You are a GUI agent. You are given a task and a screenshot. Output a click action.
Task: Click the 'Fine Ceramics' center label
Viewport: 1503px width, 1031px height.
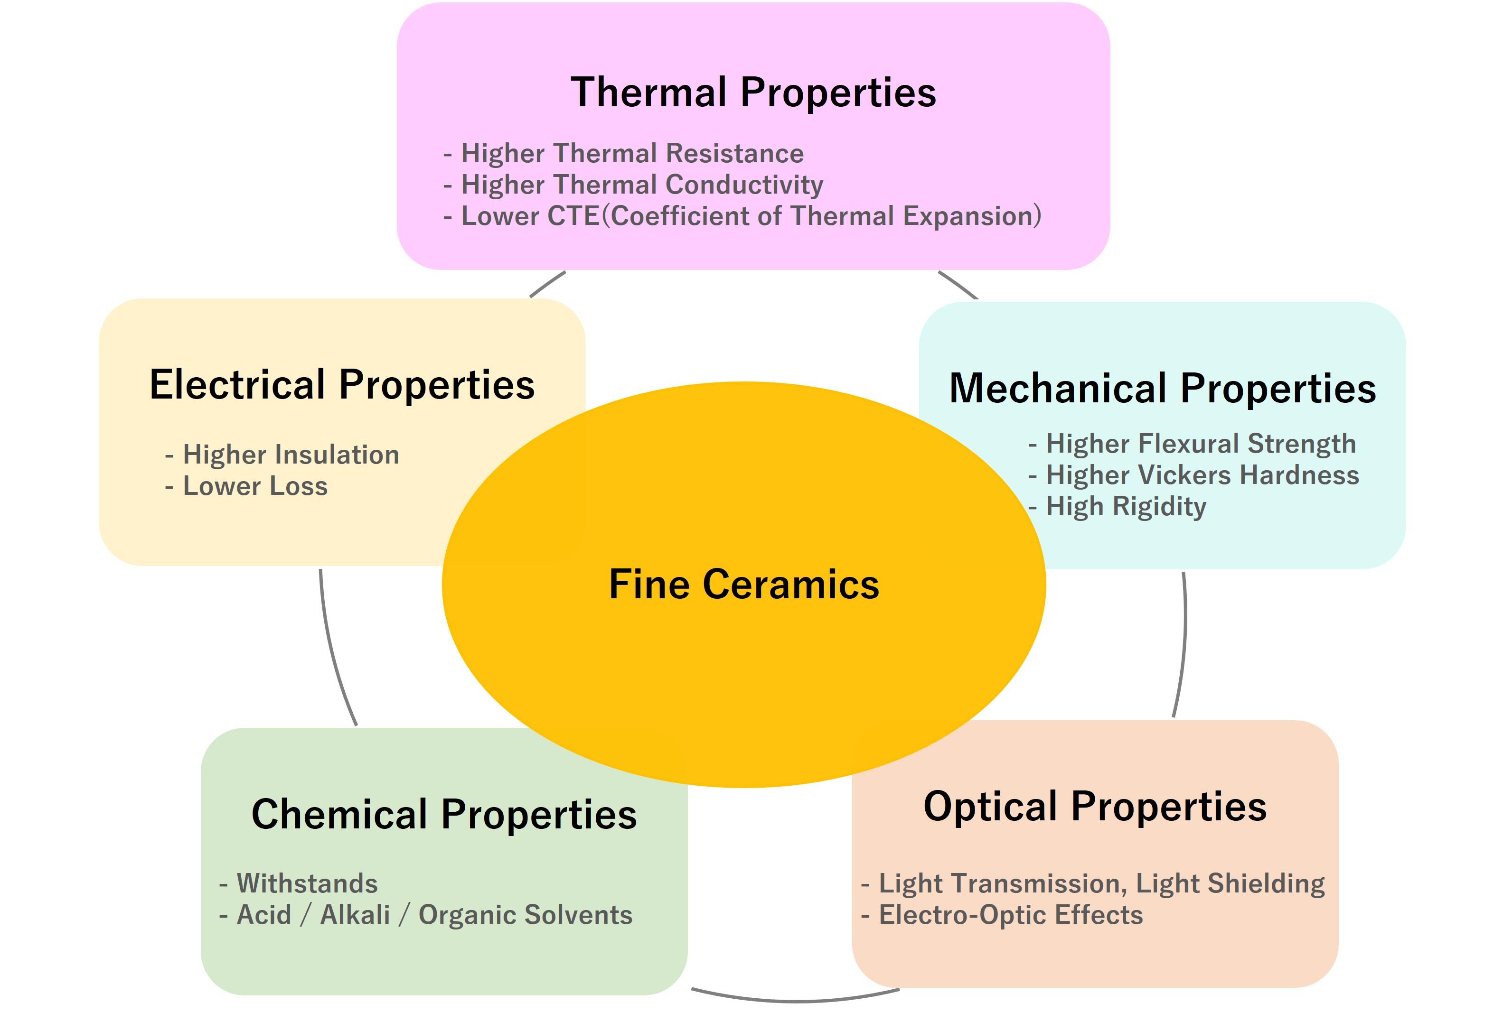click(744, 585)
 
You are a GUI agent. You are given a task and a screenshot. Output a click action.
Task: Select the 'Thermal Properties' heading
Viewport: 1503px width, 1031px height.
click(753, 93)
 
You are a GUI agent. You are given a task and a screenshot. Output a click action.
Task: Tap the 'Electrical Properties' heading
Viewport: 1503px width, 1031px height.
click(342, 385)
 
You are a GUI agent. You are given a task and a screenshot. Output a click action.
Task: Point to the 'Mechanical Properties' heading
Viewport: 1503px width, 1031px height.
click(1162, 389)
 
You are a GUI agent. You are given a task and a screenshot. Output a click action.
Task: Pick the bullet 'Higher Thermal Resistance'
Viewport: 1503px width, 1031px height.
click(632, 154)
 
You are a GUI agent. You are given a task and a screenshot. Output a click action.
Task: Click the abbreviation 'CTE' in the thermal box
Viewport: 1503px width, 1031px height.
click(573, 216)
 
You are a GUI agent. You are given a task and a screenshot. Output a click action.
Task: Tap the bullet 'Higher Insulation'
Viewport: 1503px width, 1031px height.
click(291, 455)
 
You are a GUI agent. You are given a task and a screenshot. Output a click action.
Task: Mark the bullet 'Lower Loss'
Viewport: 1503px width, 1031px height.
click(255, 487)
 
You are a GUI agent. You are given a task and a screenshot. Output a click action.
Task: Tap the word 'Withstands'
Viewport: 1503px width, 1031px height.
click(307, 883)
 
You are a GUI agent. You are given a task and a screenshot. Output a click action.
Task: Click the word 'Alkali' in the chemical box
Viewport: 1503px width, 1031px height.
click(355, 915)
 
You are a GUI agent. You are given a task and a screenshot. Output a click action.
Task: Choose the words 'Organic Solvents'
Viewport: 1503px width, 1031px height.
click(525, 915)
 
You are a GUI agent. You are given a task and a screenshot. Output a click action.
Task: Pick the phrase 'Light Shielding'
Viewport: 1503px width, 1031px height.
click(1230, 883)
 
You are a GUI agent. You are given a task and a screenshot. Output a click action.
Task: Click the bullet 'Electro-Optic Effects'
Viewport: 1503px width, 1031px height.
click(1010, 915)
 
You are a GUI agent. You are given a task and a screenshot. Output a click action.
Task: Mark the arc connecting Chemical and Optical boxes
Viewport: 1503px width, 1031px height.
click(796, 1000)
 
